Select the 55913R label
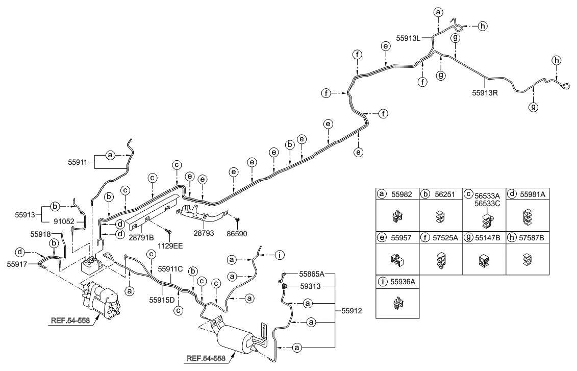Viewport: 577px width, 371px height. [485, 93]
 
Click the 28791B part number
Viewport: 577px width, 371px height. [141, 238]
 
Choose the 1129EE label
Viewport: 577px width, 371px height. [170, 245]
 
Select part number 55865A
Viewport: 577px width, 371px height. [312, 274]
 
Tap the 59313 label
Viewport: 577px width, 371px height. [310, 286]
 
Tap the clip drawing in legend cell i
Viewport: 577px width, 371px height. [397, 304]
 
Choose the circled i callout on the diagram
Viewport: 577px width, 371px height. [279, 254]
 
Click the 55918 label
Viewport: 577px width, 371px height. [41, 234]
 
